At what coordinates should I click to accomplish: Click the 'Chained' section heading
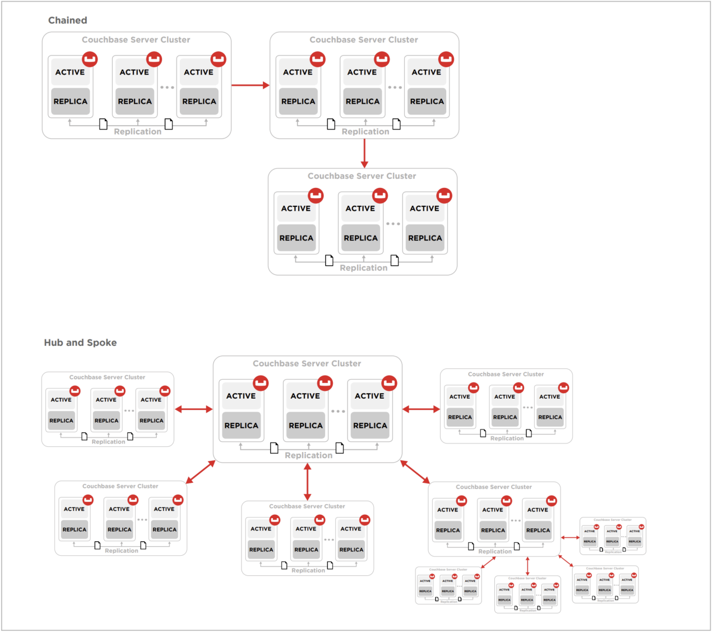point(68,21)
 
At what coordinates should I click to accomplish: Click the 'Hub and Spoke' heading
point(80,342)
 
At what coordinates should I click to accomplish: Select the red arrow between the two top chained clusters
point(250,85)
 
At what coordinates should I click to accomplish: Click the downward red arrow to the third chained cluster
point(365,153)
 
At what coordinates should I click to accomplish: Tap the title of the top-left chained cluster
point(136,40)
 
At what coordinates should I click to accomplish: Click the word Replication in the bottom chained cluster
point(364,268)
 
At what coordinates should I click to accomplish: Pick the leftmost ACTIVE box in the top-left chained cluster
point(70,72)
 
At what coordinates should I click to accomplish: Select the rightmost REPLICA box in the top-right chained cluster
point(427,102)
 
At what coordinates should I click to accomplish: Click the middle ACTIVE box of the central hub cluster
point(305,396)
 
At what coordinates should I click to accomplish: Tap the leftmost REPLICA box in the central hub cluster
point(241,426)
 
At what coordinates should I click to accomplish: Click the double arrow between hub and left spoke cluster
point(194,409)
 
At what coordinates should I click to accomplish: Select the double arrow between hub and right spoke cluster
point(421,409)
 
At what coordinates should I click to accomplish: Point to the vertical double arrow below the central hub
point(307,482)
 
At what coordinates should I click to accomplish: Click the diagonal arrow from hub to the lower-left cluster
point(200,473)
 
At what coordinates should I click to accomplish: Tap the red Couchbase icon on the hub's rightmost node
point(389,383)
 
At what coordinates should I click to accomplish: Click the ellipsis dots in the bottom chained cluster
point(393,224)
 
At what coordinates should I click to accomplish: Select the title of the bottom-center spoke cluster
point(307,507)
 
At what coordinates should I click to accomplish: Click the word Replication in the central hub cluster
point(308,455)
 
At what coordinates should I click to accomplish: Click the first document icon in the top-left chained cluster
point(103,125)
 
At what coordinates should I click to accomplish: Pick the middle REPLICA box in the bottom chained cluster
point(361,238)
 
